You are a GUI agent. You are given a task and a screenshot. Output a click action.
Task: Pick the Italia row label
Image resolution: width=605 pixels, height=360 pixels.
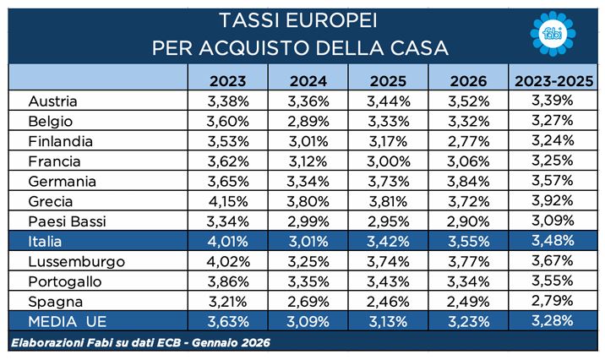(x=47, y=242)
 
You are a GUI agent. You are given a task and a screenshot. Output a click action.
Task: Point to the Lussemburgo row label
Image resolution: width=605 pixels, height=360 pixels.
(x=70, y=261)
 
